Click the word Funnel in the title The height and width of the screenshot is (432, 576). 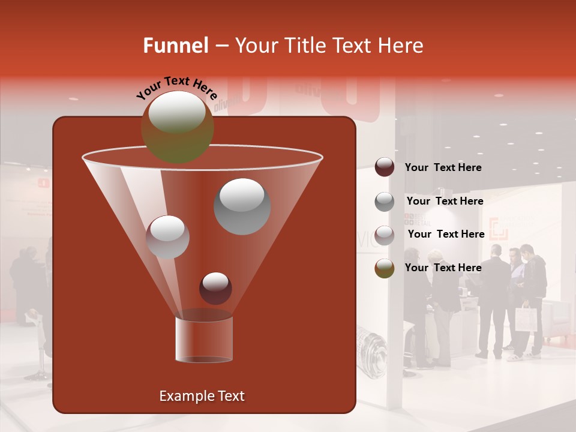[176, 46]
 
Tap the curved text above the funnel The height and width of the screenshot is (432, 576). [176, 86]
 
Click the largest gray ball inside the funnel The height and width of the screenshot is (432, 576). [242, 206]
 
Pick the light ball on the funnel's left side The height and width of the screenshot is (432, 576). [167, 237]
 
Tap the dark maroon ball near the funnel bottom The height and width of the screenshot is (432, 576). [215, 288]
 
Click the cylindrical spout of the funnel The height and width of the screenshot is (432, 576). [204, 339]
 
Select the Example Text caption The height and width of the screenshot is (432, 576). [202, 396]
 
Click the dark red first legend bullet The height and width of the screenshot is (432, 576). [384, 167]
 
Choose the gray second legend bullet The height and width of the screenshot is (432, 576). [384, 202]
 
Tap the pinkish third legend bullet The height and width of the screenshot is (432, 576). [384, 235]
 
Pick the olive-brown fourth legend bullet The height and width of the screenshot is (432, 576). [384, 268]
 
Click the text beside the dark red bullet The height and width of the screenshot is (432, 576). [443, 167]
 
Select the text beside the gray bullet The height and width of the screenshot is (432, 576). [445, 201]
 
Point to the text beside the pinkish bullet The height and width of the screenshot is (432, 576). [446, 234]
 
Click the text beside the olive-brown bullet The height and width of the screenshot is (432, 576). [443, 268]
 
